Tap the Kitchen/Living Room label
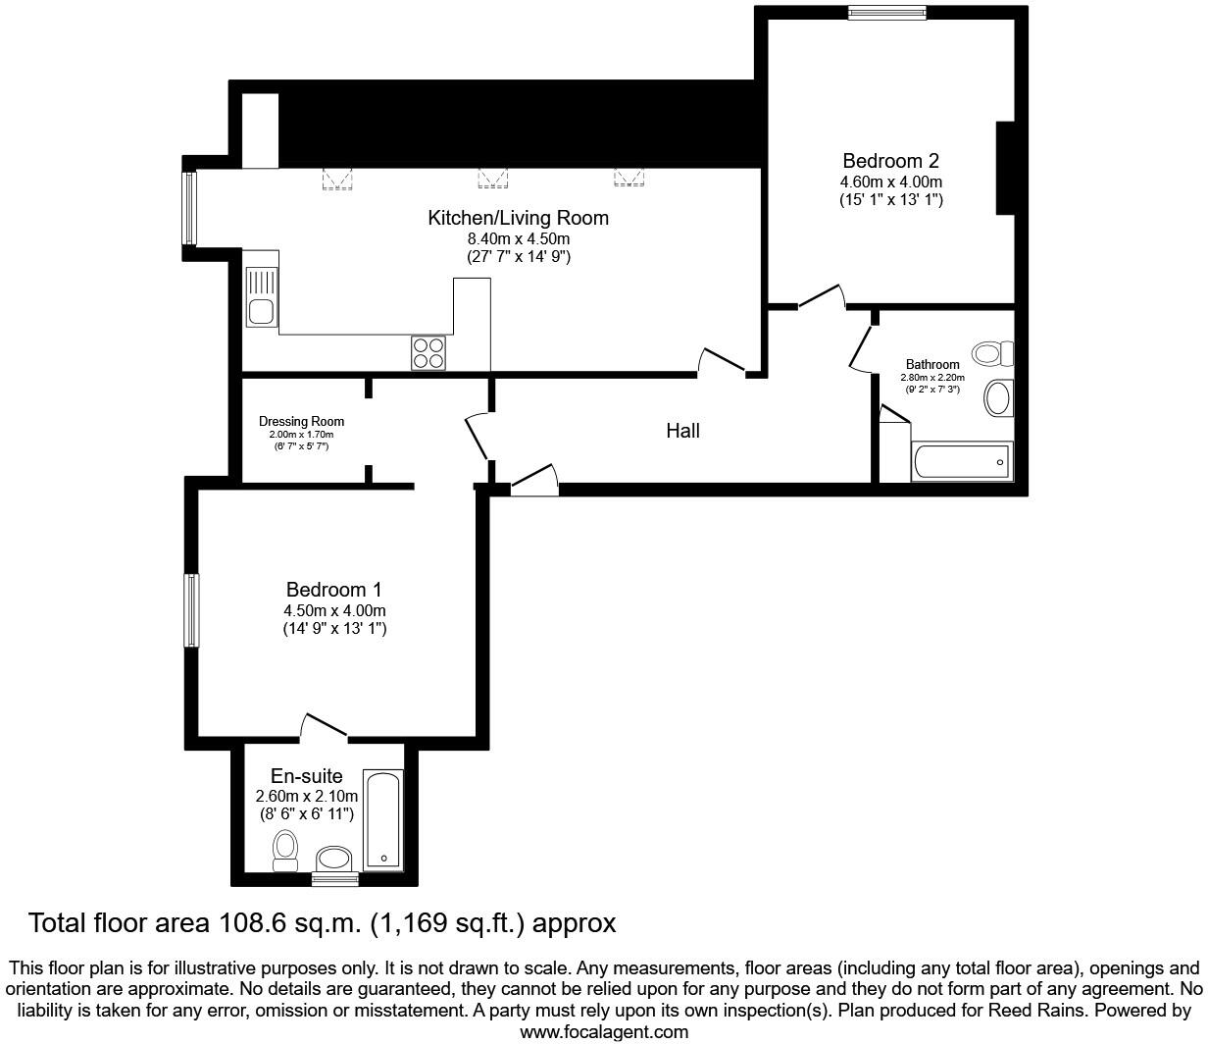point(518,218)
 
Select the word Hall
point(682,431)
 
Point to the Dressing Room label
point(301,422)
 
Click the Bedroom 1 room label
point(333,590)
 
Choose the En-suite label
point(306,777)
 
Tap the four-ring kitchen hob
point(428,353)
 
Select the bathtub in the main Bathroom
point(962,461)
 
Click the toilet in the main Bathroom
point(991,353)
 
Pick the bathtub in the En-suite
point(382,820)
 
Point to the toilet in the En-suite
point(285,849)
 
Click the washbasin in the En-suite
point(335,860)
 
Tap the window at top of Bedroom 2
point(886,13)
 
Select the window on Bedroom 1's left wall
point(192,610)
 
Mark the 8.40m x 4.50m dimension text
point(518,238)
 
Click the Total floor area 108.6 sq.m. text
point(322,923)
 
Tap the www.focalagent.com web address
point(603,1031)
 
